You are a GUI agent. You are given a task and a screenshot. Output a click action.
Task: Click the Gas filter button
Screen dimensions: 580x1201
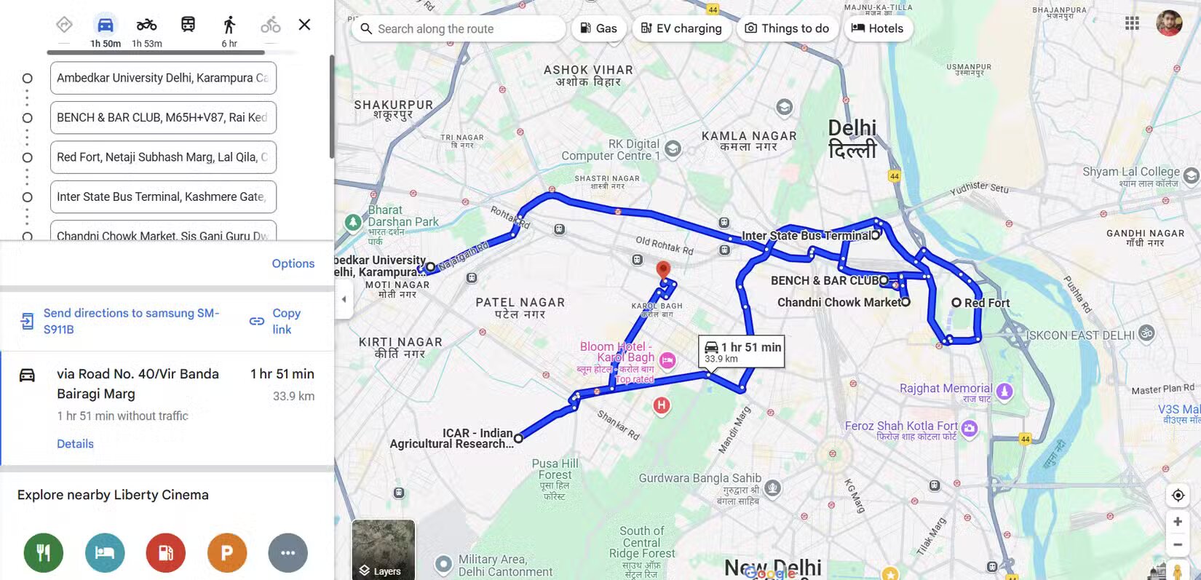pos(598,28)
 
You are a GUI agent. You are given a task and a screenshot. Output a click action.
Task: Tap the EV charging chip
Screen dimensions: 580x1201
pos(681,28)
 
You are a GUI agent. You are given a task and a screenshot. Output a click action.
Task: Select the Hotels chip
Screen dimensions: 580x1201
pos(877,28)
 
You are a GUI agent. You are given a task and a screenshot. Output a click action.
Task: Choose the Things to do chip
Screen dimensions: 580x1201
pos(787,28)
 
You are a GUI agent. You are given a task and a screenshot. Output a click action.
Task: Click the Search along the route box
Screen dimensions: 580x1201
pos(459,29)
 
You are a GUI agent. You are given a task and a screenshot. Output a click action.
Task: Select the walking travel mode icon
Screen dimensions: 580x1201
pos(229,25)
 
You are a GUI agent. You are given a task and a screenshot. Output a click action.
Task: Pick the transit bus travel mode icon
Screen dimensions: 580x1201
pos(188,25)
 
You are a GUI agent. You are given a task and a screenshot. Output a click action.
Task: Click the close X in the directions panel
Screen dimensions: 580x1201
pos(304,25)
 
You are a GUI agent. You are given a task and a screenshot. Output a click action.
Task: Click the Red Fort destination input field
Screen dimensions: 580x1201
pos(163,157)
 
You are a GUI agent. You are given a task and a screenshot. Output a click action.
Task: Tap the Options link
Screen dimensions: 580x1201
pos(293,263)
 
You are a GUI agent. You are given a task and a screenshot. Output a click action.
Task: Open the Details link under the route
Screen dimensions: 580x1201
pos(75,444)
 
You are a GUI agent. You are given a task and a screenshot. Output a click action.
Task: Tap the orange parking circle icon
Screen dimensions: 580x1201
pos(227,553)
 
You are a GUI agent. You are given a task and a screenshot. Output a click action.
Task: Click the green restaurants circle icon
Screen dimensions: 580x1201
pos(44,553)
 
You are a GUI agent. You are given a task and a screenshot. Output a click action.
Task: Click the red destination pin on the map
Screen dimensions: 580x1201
pos(663,269)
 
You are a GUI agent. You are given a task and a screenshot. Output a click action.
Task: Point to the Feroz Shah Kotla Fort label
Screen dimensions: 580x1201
pos(901,426)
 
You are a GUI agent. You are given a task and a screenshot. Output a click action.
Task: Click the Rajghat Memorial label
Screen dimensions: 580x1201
pos(946,389)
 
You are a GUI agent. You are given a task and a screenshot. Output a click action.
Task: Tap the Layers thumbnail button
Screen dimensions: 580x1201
pos(384,549)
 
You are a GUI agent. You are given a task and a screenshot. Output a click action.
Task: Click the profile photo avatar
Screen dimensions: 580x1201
pos(1169,23)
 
